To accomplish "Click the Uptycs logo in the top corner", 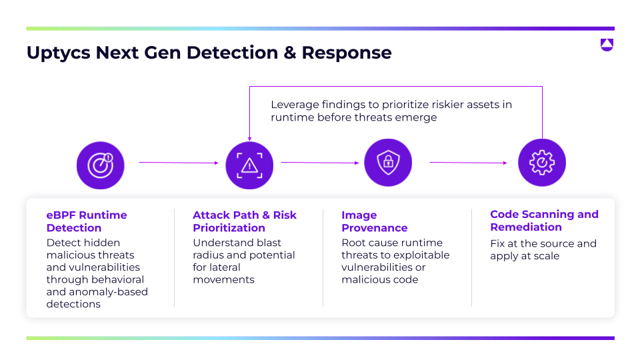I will [x=606, y=45].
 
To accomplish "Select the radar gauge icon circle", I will [x=101, y=164].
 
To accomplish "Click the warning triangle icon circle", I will [x=249, y=165].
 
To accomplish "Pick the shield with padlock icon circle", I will [x=388, y=163].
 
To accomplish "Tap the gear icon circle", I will [x=542, y=163].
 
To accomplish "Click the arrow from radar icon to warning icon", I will [x=178, y=162].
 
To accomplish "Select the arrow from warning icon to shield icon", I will [x=320, y=162].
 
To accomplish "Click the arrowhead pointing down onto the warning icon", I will [x=249, y=137].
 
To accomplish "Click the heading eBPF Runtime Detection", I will [x=87, y=221].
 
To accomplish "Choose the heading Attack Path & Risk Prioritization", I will [x=245, y=221].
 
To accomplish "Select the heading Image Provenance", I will [x=374, y=221].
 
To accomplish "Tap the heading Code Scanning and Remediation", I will [x=544, y=221].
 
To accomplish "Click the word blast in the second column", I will [x=268, y=243].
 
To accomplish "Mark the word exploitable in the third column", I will [x=422, y=255].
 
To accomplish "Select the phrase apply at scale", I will [x=525, y=256].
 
